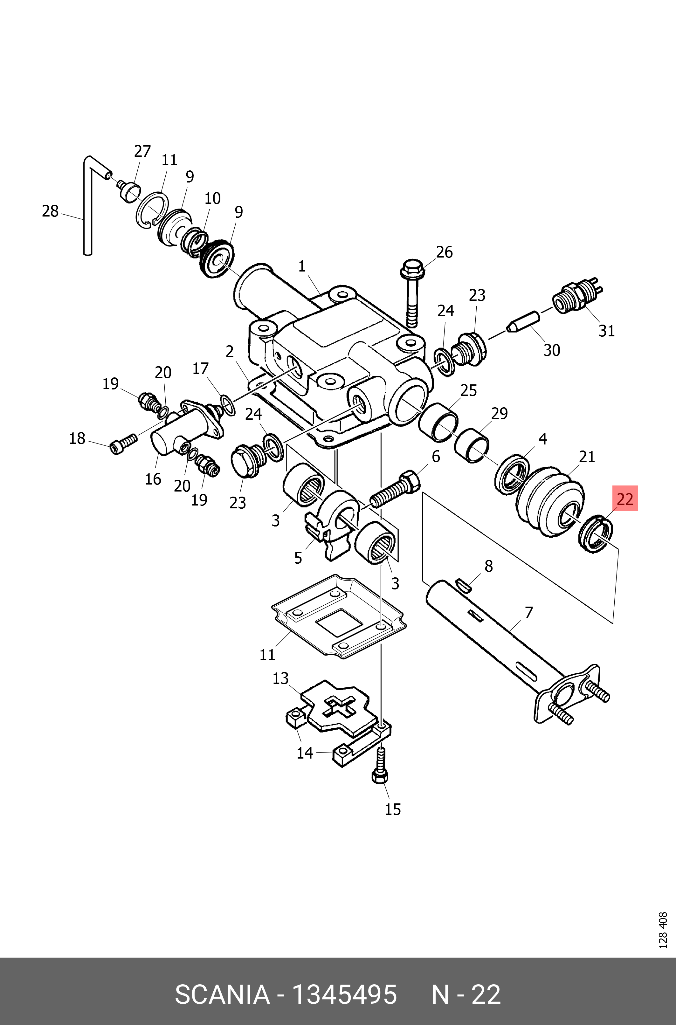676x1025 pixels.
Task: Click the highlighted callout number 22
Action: tap(625, 499)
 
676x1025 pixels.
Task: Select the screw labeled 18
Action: tap(123, 444)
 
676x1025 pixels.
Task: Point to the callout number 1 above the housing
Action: tap(302, 266)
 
